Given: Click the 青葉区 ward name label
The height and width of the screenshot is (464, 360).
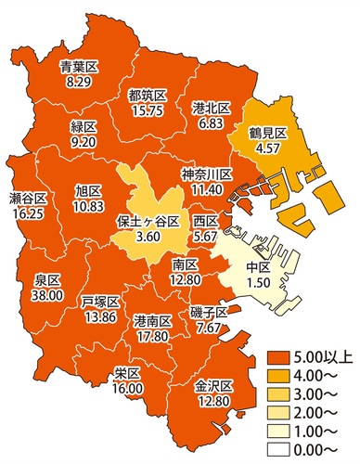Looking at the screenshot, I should [79, 68].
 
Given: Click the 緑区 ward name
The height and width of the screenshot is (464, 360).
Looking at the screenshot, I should [83, 128].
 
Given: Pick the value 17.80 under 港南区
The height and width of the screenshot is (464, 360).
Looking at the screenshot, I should [150, 334].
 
